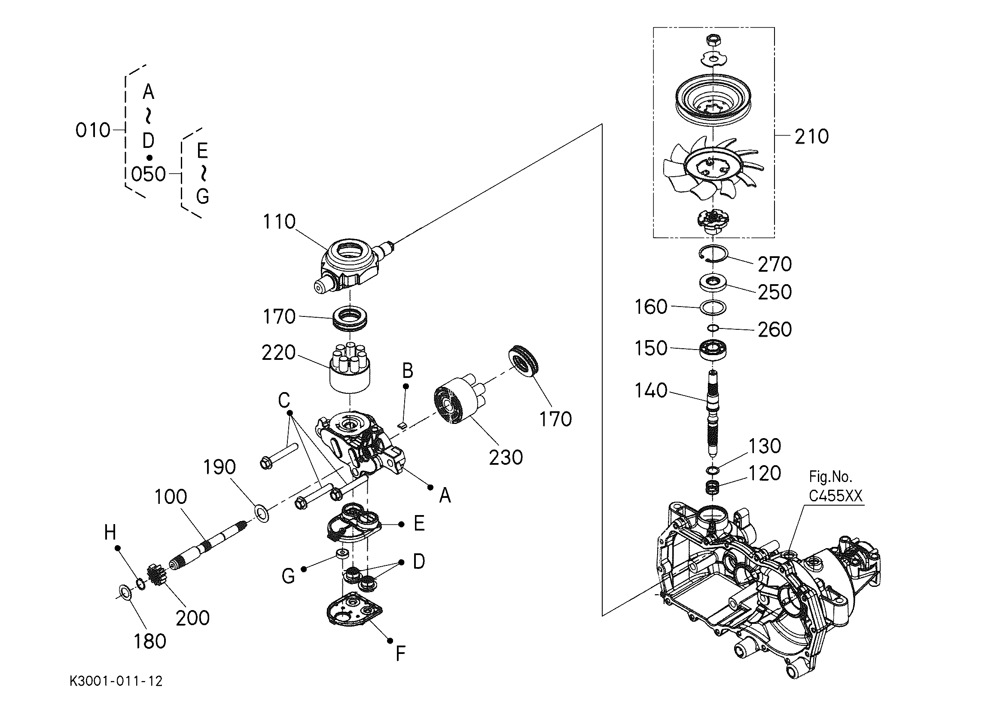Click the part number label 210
[811, 136]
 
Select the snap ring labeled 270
[713, 255]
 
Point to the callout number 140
[651, 391]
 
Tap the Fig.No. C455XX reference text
[836, 486]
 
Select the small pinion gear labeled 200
[157, 575]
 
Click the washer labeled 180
[126, 593]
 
